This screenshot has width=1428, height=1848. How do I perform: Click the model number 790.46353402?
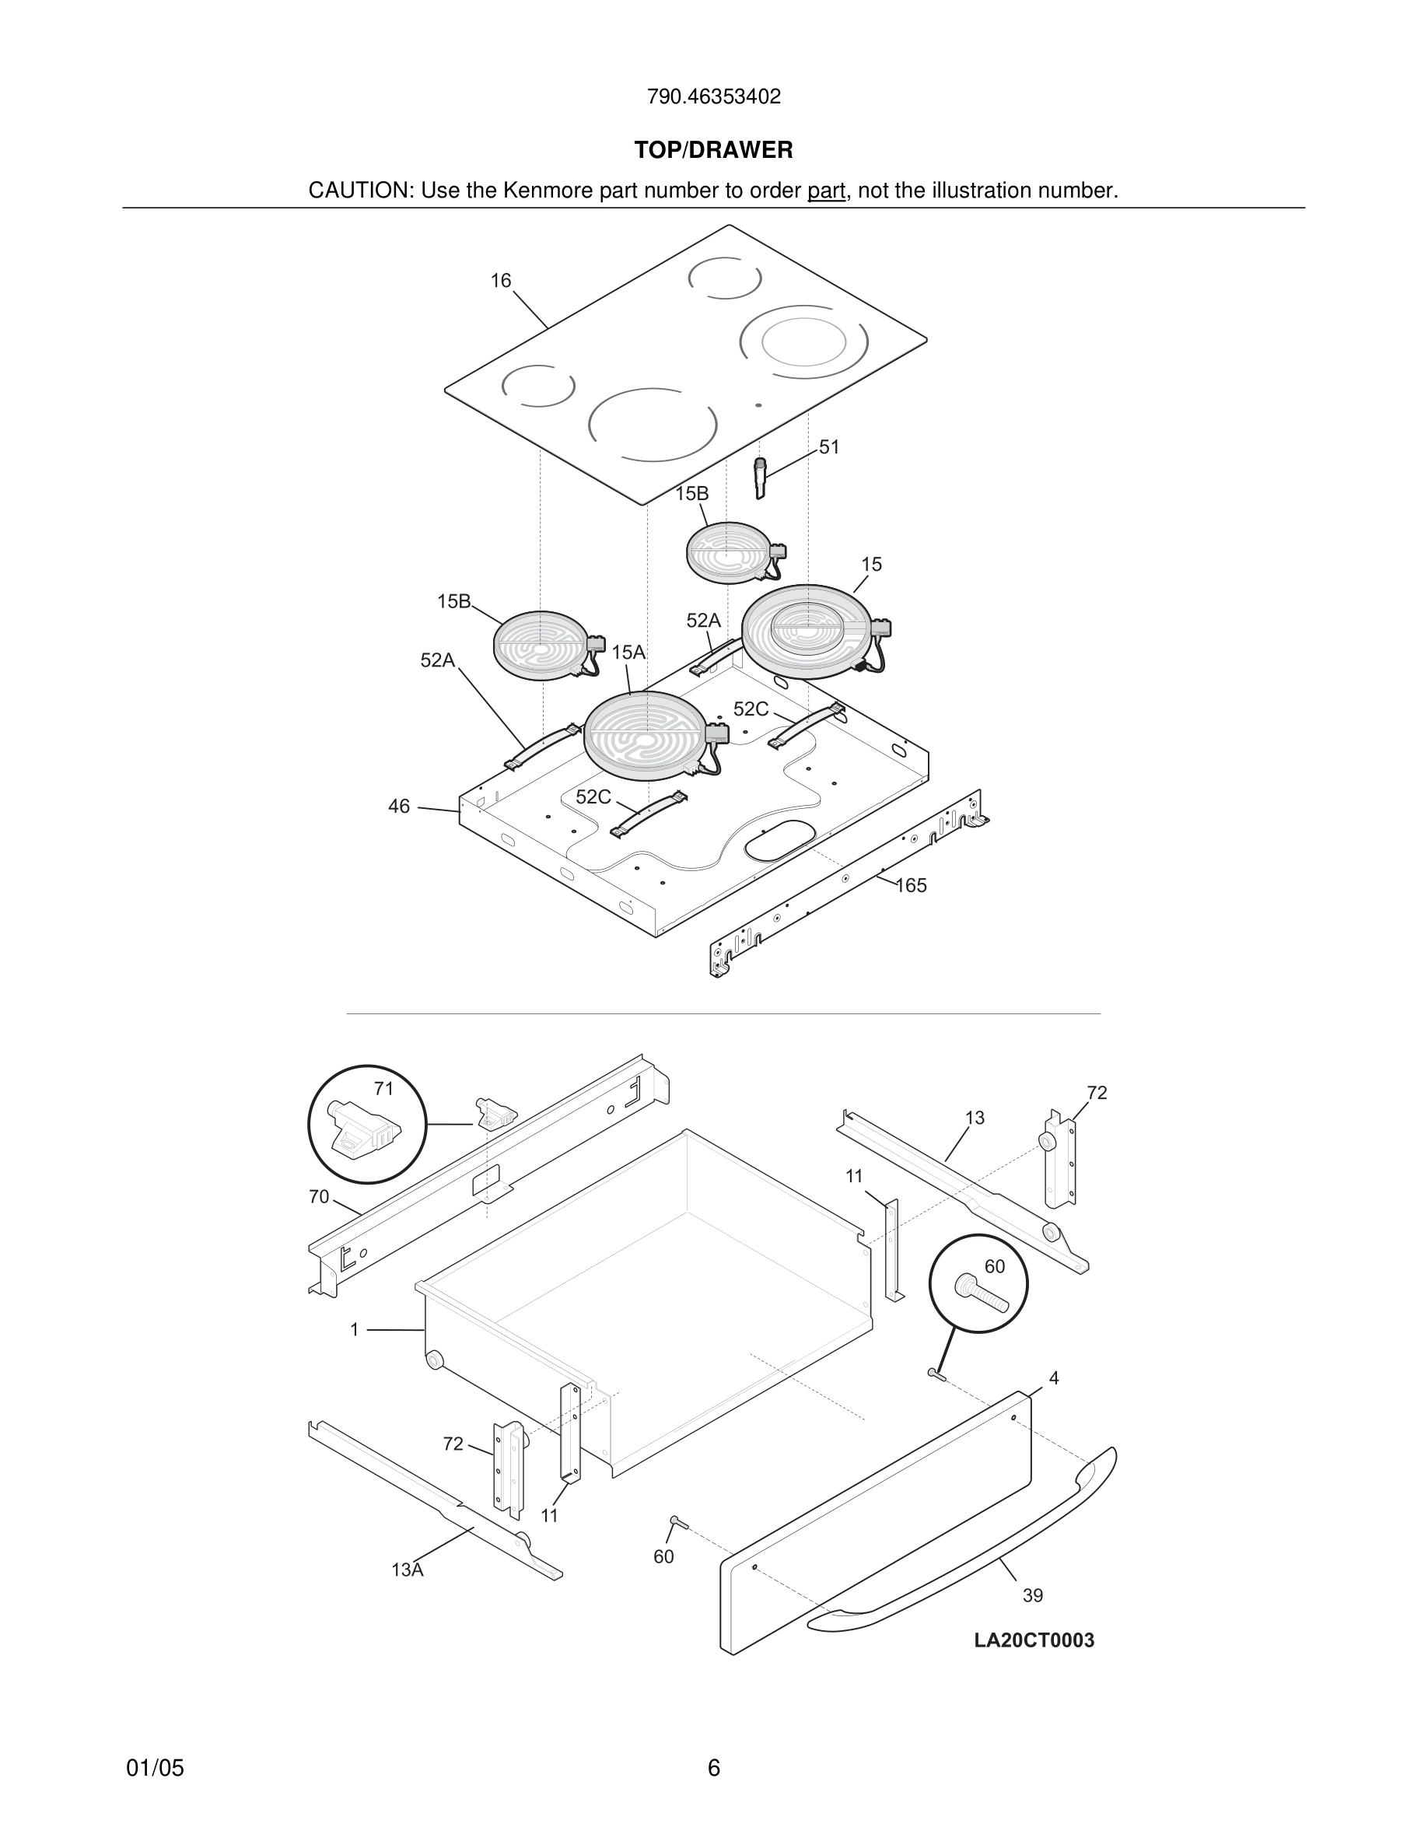pyautogui.click(x=713, y=96)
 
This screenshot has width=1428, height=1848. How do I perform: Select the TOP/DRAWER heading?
pyautogui.click(x=713, y=151)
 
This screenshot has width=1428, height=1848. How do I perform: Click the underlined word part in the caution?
pyautogui.click(x=827, y=191)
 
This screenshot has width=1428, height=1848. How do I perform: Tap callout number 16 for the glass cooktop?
pyautogui.click(x=501, y=281)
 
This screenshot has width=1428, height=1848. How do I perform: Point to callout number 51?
pyautogui.click(x=829, y=446)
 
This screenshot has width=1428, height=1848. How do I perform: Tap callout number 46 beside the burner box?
pyautogui.click(x=398, y=807)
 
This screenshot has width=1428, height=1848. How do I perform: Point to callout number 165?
pyautogui.click(x=911, y=886)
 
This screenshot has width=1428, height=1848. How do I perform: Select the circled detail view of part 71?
pyautogui.click(x=367, y=1125)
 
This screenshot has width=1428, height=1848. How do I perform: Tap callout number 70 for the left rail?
pyautogui.click(x=319, y=1196)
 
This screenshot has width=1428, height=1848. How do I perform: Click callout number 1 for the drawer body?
pyautogui.click(x=355, y=1330)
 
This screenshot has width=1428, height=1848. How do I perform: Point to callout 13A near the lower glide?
pyautogui.click(x=407, y=1570)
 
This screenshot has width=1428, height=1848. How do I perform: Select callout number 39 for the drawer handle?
pyautogui.click(x=1033, y=1595)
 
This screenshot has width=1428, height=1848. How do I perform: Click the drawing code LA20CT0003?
pyautogui.click(x=1034, y=1640)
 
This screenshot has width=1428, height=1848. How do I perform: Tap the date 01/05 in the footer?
pyautogui.click(x=155, y=1768)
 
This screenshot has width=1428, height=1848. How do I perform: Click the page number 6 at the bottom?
pyautogui.click(x=713, y=1768)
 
